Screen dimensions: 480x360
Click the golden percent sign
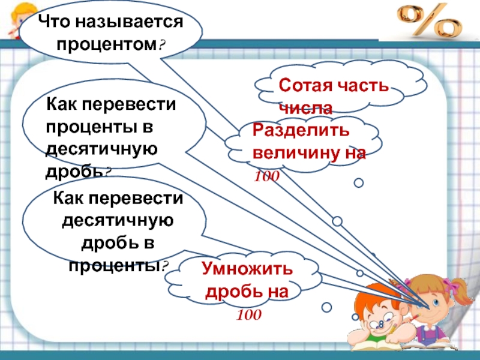(429, 22)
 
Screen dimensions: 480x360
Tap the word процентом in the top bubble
(107, 44)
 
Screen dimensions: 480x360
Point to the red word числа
(306, 109)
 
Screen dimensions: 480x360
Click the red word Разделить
(301, 131)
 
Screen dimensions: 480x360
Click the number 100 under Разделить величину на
(266, 176)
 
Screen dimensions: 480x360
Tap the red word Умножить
(247, 269)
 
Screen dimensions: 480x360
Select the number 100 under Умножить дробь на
(248, 314)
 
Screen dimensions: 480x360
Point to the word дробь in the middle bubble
(73, 172)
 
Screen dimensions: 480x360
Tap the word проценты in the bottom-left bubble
(115, 266)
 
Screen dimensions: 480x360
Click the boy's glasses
(380, 323)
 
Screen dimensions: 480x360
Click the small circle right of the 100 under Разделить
(358, 183)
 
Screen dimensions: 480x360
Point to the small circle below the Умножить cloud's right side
(326, 307)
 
